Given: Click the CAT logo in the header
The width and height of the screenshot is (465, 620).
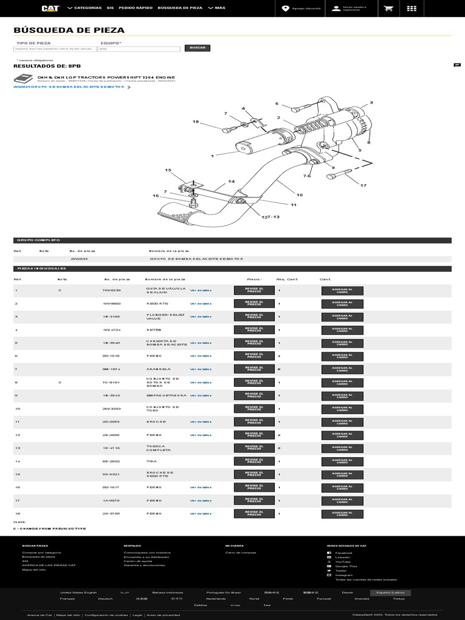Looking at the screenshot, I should [50, 8].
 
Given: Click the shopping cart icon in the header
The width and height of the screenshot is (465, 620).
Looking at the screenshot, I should [387, 8].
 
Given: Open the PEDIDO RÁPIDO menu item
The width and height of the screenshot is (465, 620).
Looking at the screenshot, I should [136, 8].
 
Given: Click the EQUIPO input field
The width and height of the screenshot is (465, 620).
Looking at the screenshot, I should [139, 49].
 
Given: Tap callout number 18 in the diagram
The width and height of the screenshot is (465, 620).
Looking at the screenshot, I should [196, 122].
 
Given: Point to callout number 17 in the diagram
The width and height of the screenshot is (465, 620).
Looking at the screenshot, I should [363, 185].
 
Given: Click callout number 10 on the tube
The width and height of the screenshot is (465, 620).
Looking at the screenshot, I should [299, 194].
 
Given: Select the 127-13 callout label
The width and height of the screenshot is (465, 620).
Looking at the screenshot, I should [271, 216].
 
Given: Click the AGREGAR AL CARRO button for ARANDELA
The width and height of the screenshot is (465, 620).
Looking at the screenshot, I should [342, 369].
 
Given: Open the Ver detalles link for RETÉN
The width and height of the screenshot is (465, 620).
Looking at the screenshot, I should [200, 329].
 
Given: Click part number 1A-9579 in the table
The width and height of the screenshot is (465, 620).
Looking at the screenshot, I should [111, 500].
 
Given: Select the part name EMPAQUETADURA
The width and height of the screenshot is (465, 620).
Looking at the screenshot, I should [167, 395].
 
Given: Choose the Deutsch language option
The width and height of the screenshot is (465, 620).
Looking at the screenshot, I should [105, 598].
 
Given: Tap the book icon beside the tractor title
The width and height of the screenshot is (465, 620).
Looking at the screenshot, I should [22, 79].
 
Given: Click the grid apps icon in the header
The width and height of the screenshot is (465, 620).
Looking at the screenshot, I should [412, 8].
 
